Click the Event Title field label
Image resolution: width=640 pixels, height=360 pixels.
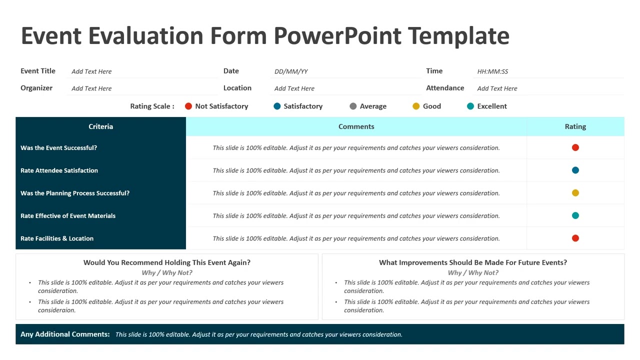[x=38, y=71]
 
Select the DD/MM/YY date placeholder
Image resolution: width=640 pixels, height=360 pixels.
[x=291, y=71]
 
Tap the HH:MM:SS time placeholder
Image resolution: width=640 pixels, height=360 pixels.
[x=492, y=71]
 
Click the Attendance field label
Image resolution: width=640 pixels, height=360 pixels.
[x=445, y=88]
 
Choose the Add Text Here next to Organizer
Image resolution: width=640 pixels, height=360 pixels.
[x=91, y=88]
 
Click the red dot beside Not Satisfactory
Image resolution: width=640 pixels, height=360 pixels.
[x=188, y=106]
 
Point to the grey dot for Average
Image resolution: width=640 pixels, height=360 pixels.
[x=353, y=106]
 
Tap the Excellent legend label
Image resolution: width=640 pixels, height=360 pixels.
[x=492, y=106]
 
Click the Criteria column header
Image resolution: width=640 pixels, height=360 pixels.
[x=100, y=126]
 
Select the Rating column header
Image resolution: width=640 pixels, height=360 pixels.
[x=575, y=126]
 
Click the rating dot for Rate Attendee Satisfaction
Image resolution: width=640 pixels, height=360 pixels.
[x=575, y=170]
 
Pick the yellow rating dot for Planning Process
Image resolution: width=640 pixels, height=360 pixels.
[x=575, y=193]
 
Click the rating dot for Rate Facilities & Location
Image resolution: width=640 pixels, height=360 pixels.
[x=575, y=238]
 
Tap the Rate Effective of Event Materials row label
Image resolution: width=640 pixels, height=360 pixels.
[x=68, y=216]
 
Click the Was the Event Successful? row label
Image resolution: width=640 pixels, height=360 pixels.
[x=58, y=148]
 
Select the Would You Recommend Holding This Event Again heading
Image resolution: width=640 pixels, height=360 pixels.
[x=167, y=262]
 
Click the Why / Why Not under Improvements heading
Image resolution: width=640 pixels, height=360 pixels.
[x=473, y=273]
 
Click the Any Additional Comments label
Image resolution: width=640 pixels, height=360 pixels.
[x=65, y=334]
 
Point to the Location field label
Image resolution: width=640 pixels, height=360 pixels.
[x=237, y=88]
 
